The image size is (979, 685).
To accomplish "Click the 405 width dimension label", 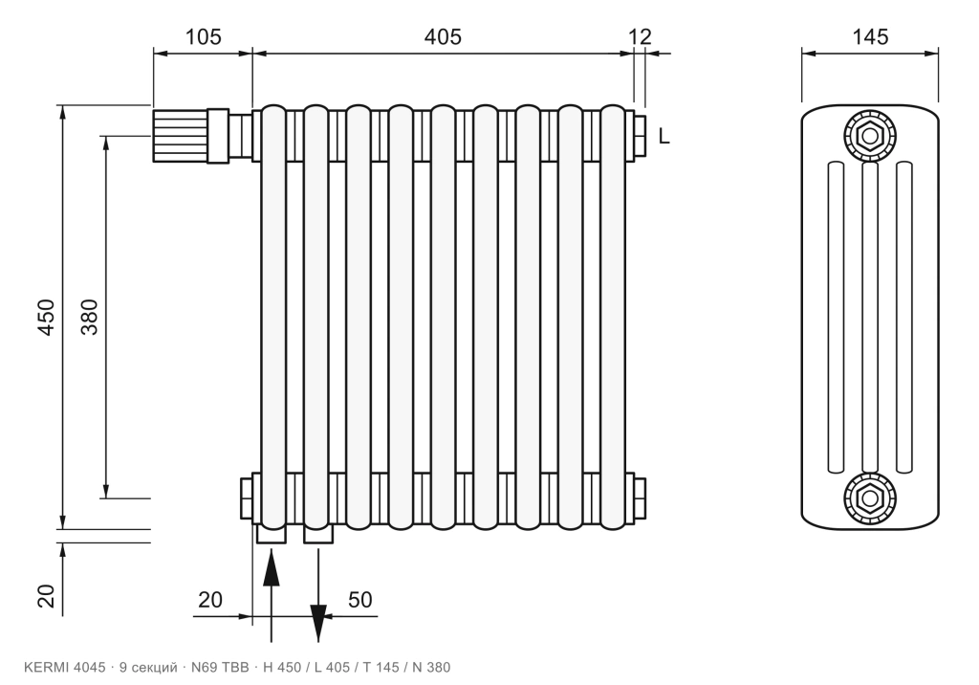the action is (x=443, y=37).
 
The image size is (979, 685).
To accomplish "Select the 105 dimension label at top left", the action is (x=203, y=37).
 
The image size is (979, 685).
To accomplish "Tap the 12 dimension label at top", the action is (x=640, y=37).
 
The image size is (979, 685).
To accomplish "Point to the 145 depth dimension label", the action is (x=870, y=37).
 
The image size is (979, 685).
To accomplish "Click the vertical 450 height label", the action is (x=47, y=318).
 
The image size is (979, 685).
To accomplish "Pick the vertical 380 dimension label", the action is (x=90, y=318).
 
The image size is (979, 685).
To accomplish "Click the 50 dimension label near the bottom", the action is (x=359, y=600).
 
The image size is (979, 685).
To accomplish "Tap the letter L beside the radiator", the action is (x=664, y=136).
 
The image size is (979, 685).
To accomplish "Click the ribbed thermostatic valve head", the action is (x=180, y=135).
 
